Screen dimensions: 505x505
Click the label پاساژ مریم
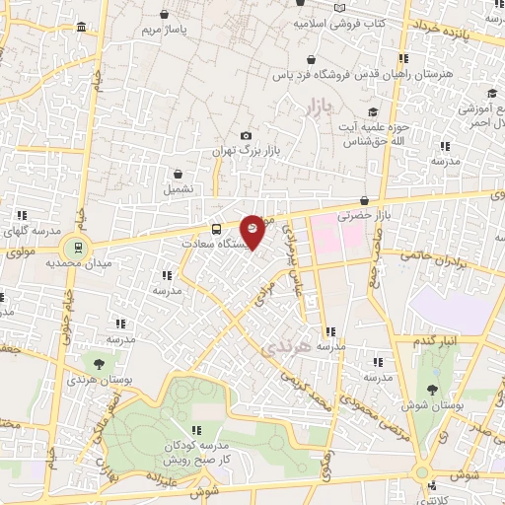(163, 30)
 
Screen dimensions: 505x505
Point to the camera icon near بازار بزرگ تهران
(246, 136)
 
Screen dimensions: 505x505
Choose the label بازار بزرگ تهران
(246, 152)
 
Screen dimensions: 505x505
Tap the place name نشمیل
(179, 187)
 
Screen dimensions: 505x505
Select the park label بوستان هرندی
(95, 379)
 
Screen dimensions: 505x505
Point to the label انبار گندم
(438, 340)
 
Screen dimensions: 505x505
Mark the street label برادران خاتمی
(430, 259)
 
